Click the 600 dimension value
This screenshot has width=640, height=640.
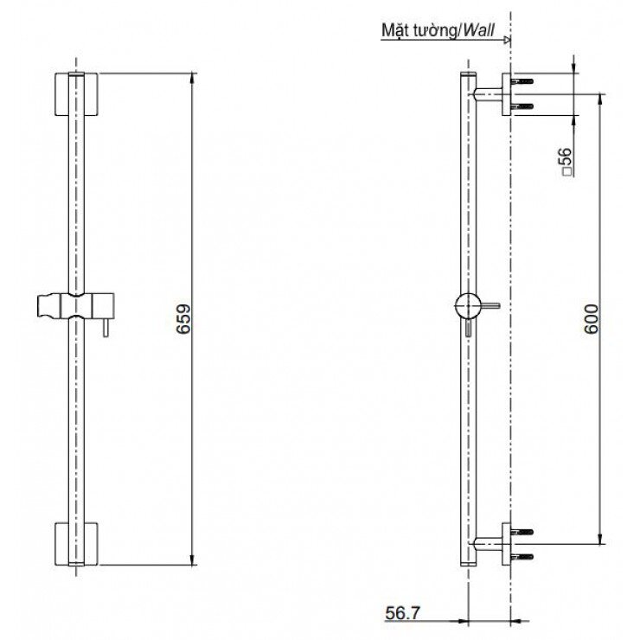[x=591, y=319]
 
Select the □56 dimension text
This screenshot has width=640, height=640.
[x=566, y=162]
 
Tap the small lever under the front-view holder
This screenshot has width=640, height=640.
[x=103, y=329]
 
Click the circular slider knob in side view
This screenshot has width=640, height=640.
[x=467, y=305]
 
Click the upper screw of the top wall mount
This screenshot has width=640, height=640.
[x=524, y=84]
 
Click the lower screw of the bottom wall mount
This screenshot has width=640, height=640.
[x=524, y=556]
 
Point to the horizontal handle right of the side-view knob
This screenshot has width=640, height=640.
[x=490, y=305]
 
